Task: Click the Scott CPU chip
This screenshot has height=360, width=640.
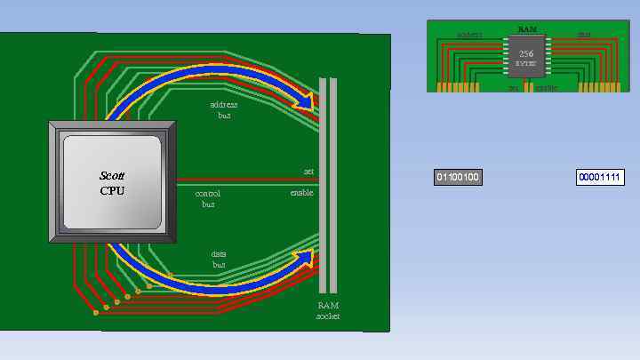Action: [x=112, y=182]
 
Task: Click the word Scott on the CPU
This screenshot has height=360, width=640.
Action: [x=112, y=176]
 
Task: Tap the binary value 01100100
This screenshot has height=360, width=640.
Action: [x=458, y=178]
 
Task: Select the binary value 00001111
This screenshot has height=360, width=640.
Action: [x=600, y=178]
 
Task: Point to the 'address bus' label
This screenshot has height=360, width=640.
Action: [x=223, y=110]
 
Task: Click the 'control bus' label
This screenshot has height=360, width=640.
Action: [x=207, y=198]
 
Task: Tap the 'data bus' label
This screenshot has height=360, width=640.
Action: [x=219, y=260]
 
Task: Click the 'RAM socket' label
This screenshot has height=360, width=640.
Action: [x=328, y=310]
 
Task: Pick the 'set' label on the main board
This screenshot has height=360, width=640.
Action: [x=308, y=172]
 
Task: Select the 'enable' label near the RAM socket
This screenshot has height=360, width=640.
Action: [x=301, y=193]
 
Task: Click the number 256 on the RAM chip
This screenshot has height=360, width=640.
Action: [x=526, y=53]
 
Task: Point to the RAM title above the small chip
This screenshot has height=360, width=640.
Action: [x=526, y=30]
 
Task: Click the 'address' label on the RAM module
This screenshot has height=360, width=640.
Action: [x=468, y=36]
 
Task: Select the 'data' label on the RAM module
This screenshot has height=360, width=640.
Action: [x=584, y=36]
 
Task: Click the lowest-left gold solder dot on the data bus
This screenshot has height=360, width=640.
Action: [x=95, y=313]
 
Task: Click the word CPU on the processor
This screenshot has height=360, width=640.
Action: [x=112, y=190]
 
